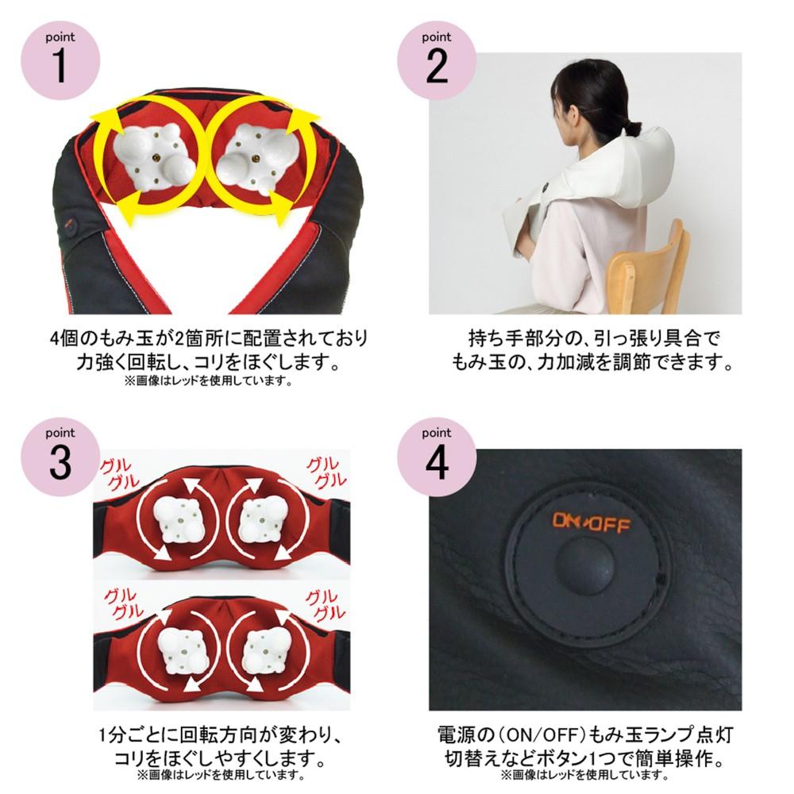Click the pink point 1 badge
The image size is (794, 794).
[x=60, y=60]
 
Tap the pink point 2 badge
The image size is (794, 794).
[x=437, y=60]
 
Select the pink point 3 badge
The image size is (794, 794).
[x=60, y=457]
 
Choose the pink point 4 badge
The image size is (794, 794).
[x=437, y=457]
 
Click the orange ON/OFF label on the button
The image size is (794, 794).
[x=591, y=522]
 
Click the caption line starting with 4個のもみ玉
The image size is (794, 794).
[x=208, y=337]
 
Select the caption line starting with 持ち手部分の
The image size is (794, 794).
[x=593, y=337]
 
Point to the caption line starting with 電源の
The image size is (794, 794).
[x=585, y=734]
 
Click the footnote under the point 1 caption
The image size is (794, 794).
[x=208, y=381]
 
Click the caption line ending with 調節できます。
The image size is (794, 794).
[x=592, y=362]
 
